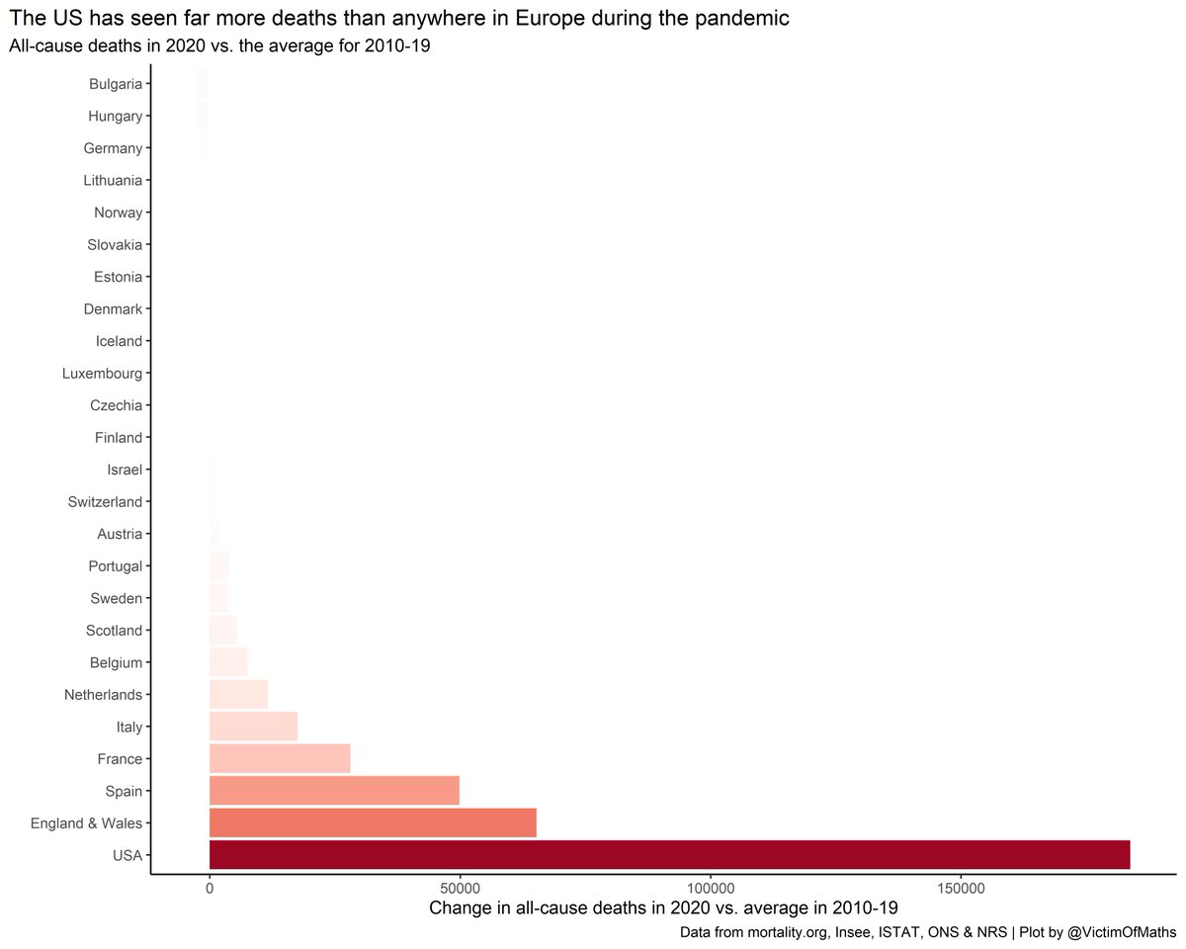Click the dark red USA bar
click(x=669, y=855)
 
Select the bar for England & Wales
click(x=373, y=822)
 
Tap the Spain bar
click(x=334, y=791)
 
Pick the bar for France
click(x=280, y=758)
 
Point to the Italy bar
click(x=253, y=727)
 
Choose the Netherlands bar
click(x=238, y=694)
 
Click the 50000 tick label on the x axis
click(x=460, y=890)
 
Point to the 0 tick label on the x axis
click(x=210, y=890)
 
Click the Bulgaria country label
click(x=115, y=84)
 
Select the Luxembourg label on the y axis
click(x=102, y=374)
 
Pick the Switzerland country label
click(x=105, y=502)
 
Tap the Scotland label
click(x=115, y=631)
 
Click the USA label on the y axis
click(x=127, y=855)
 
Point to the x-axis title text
click(x=663, y=907)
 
